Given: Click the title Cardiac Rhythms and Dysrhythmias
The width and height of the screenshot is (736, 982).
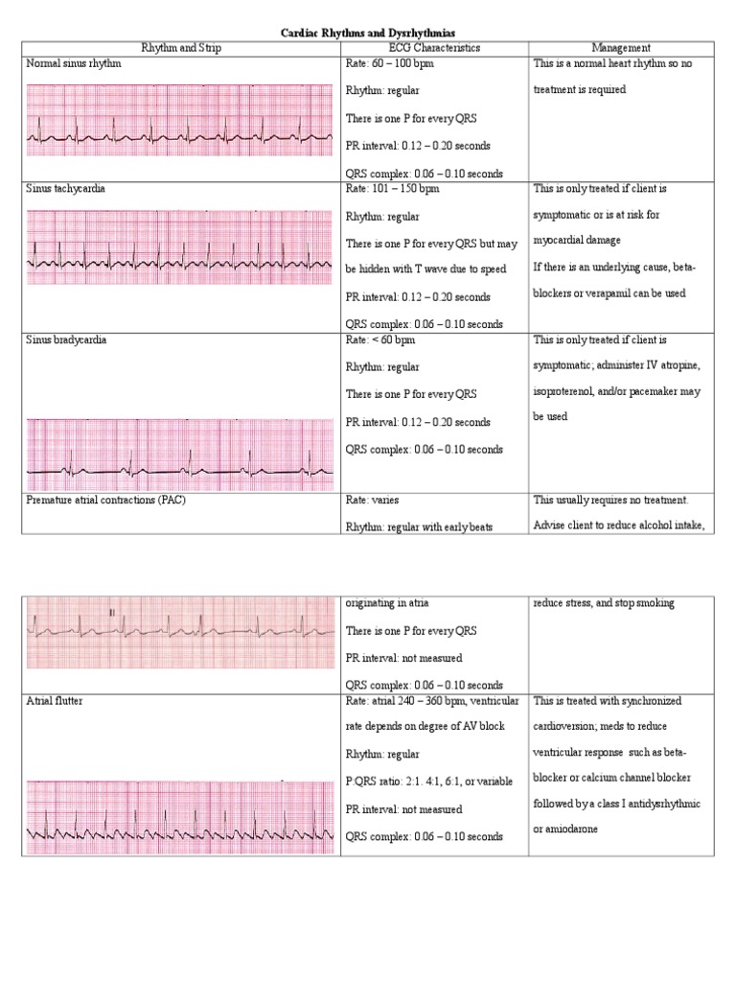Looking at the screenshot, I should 368,33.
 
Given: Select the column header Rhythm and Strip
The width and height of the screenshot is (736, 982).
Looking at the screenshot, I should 182,48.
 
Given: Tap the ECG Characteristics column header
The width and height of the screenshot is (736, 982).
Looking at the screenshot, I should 435,48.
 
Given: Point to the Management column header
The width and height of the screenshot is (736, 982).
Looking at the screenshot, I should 621,48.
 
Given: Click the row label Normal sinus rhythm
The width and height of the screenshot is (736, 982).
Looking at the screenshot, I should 75,62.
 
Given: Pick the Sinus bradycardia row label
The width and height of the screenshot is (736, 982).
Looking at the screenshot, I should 66,340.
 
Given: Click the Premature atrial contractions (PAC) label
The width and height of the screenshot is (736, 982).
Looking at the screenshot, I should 106,501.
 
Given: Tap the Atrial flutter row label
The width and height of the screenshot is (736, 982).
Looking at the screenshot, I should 55,702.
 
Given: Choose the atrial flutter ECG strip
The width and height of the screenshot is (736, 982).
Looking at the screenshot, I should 180,818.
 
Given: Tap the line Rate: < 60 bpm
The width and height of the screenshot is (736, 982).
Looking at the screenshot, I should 381,340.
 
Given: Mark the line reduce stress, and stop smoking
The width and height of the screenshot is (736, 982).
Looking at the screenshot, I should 604,603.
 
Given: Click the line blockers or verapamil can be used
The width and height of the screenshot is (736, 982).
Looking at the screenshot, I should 609,293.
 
